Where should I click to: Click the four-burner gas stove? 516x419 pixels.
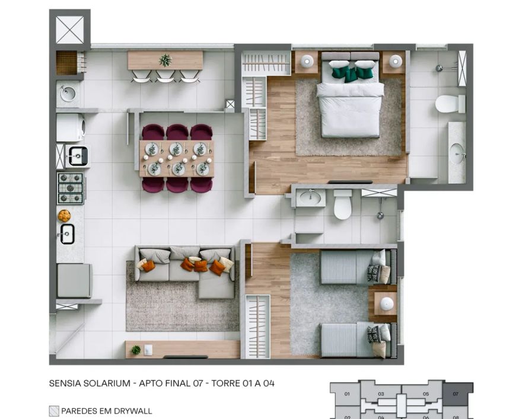[x=71, y=188]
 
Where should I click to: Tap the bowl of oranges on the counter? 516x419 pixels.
[x=64, y=216]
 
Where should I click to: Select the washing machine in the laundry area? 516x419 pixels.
[x=71, y=127]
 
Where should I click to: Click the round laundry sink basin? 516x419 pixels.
[x=68, y=94]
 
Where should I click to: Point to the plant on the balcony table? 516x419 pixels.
[x=165, y=60]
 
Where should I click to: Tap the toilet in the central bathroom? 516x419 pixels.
[x=343, y=204]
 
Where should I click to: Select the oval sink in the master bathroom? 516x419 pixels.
[x=457, y=153]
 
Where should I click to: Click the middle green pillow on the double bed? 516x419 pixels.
[x=350, y=76]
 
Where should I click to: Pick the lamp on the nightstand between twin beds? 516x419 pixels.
[x=387, y=303]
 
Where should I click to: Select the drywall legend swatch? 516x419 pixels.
[x=54, y=411]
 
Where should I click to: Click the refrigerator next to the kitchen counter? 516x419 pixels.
[x=74, y=280]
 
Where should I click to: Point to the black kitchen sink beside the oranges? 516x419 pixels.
[x=67, y=234]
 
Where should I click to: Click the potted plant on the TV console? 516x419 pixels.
[x=136, y=350]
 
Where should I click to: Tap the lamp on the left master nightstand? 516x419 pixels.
[x=307, y=60]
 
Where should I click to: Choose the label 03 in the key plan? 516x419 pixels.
[x=381, y=394]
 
